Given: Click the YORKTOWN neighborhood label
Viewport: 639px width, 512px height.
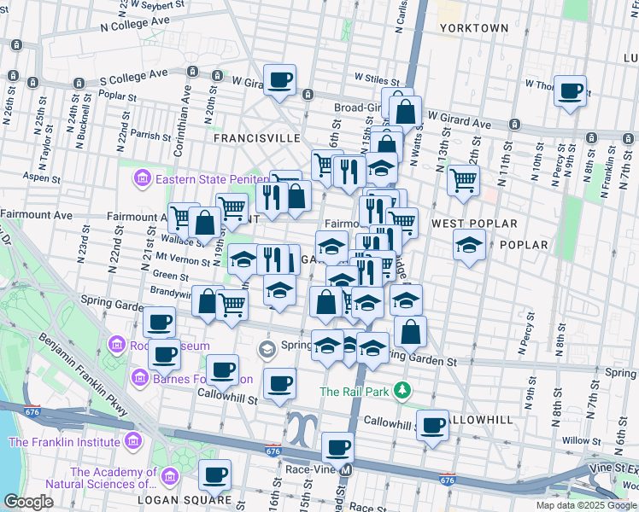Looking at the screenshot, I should point(474,28).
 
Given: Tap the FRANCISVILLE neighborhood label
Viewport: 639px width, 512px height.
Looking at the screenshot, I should point(256,137).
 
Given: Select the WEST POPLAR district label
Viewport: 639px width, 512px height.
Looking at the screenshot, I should point(474,224).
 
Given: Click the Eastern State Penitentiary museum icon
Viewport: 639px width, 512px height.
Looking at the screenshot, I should point(142,178).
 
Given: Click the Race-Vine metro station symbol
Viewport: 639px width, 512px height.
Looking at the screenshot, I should point(346,469).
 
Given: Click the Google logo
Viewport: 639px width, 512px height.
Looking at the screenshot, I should point(28,501).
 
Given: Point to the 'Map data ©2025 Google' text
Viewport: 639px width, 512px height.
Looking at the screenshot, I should point(586,505).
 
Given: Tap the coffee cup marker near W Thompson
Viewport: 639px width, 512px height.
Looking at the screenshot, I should point(570,90).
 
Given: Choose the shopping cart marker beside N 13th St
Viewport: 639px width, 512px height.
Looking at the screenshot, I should point(462,179).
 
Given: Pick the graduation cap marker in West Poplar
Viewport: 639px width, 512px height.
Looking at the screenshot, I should point(468,246).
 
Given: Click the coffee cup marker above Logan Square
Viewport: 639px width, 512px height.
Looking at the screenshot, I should point(215,474).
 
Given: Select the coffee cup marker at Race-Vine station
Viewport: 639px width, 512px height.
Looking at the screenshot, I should point(338,446).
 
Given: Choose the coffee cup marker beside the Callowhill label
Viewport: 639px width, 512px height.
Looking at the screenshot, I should point(433,423).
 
